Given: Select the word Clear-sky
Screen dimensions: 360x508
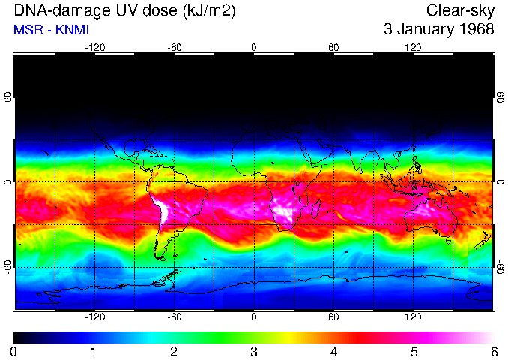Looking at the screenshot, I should click(460, 10).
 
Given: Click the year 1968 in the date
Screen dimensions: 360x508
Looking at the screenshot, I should click(476, 30).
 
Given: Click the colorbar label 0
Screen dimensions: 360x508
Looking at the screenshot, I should click(13, 351).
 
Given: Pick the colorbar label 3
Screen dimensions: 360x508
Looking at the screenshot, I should click(253, 351).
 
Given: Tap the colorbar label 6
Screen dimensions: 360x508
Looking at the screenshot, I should click(493, 351).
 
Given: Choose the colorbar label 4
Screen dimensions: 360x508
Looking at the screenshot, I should click(333, 351).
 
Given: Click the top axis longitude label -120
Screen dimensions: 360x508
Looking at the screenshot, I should click(94, 47).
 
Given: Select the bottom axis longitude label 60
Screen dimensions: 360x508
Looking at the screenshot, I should click(333, 316).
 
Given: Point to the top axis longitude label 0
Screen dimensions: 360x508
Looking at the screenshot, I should click(254, 47).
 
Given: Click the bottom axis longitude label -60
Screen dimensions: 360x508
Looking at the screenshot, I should click(174, 316).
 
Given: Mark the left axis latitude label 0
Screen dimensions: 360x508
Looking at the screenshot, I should click(7, 182).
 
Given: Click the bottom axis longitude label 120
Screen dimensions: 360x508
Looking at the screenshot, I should click(413, 316).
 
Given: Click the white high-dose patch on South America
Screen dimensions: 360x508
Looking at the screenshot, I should click(162, 211).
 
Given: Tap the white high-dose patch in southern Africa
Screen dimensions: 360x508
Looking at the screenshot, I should click(285, 213).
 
